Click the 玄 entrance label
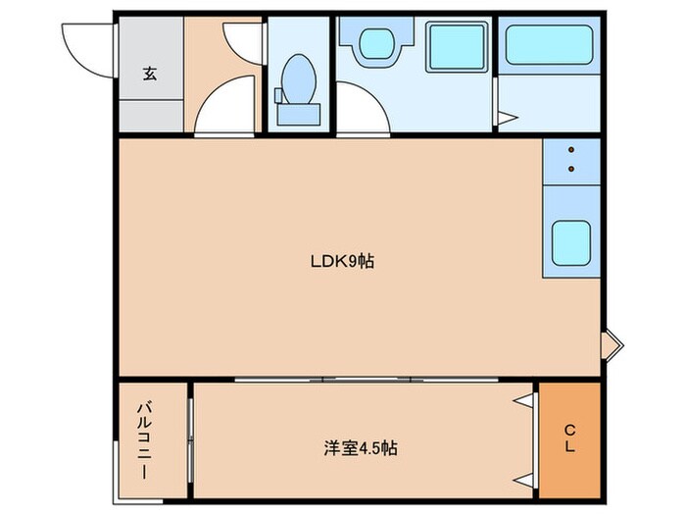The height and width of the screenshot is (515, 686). click(x=151, y=73)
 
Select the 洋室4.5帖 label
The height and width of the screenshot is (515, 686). click(x=361, y=448)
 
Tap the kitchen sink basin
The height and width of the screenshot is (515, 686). click(x=569, y=240)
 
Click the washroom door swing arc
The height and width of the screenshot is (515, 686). click(x=363, y=116)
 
